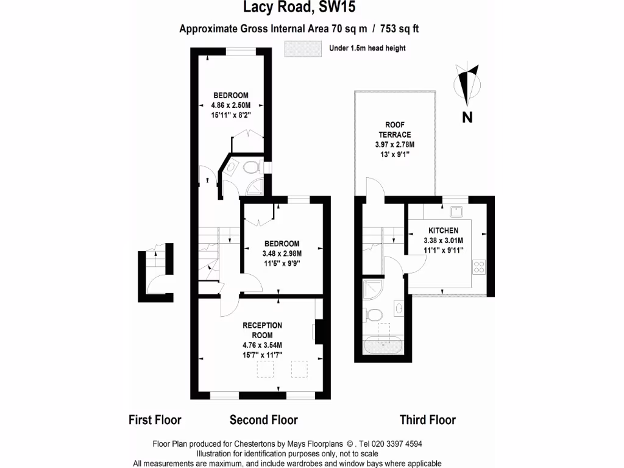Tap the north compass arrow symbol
(468, 85)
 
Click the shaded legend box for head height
(302, 48)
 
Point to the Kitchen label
(443, 230)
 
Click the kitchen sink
(456, 212)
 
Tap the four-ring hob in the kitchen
(479, 266)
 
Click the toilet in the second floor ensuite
(250, 167)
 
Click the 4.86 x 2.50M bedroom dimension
(230, 105)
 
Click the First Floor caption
(155, 420)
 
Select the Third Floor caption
(427, 420)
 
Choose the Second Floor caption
(263, 420)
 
